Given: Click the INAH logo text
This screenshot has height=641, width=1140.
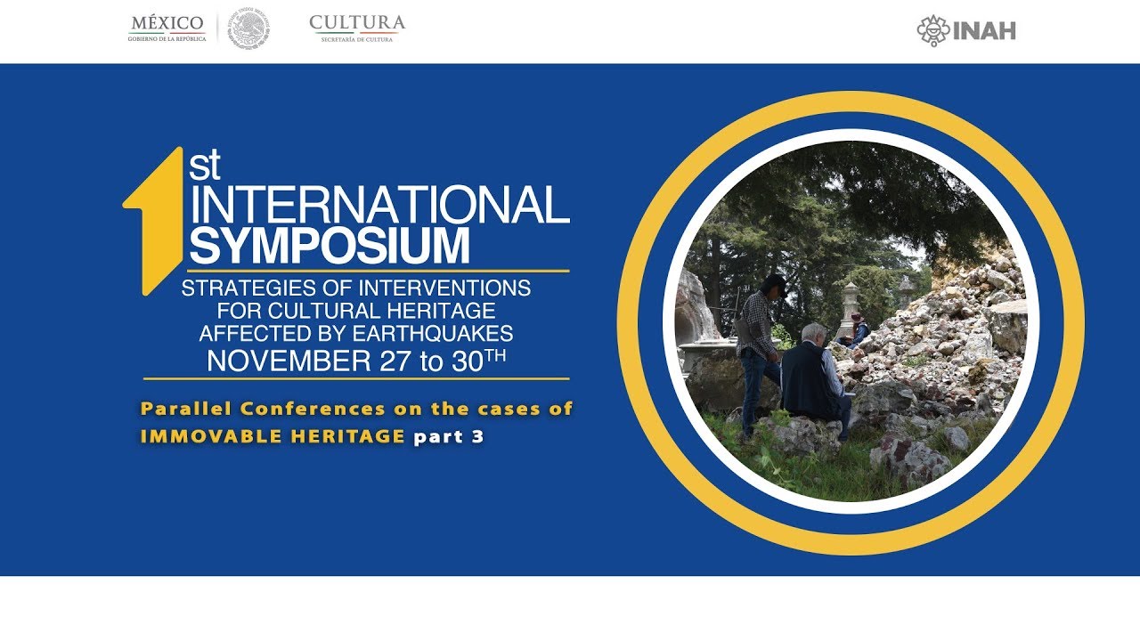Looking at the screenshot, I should (x=984, y=31).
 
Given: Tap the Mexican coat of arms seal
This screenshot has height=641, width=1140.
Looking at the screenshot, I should (x=248, y=28).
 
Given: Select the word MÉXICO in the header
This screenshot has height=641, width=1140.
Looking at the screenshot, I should (x=167, y=22).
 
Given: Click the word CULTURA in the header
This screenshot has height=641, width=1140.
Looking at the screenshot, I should (x=357, y=22).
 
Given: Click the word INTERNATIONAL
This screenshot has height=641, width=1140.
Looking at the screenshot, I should (x=379, y=205).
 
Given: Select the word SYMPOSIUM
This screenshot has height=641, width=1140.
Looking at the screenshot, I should (x=329, y=245).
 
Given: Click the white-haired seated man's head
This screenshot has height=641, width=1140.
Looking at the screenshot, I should (x=814, y=335).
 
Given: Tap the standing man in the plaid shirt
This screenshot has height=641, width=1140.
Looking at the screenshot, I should (x=760, y=347).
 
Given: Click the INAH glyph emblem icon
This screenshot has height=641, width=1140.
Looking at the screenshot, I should (x=933, y=30).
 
